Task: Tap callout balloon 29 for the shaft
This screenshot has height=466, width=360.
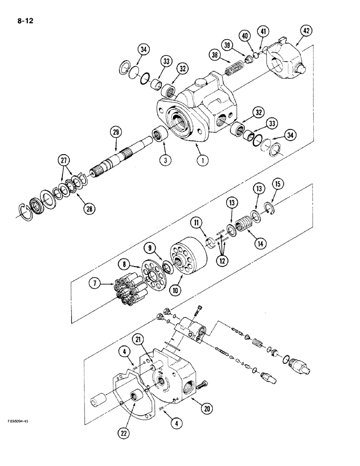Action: (116, 132)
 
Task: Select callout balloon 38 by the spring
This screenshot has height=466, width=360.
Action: (215, 56)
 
